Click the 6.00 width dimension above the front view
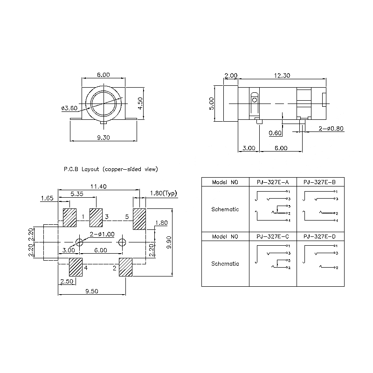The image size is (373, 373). tap(103, 75)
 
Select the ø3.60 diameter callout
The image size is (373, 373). tap(69, 109)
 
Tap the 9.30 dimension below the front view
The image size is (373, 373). tap(103, 138)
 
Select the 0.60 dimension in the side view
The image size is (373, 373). tap(276, 133)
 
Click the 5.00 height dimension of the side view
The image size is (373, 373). tap(212, 103)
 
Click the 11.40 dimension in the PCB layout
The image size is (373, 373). tap(98, 186)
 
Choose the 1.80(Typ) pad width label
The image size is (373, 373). tap(163, 193)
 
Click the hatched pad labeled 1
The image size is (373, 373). tap(69, 217)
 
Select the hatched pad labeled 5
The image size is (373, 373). tap(139, 219)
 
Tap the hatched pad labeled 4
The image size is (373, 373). tap(76, 267)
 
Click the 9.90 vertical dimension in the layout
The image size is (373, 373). tap(168, 242)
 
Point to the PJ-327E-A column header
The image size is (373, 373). tap(273, 182)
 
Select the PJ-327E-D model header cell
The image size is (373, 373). tap(320, 237)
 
